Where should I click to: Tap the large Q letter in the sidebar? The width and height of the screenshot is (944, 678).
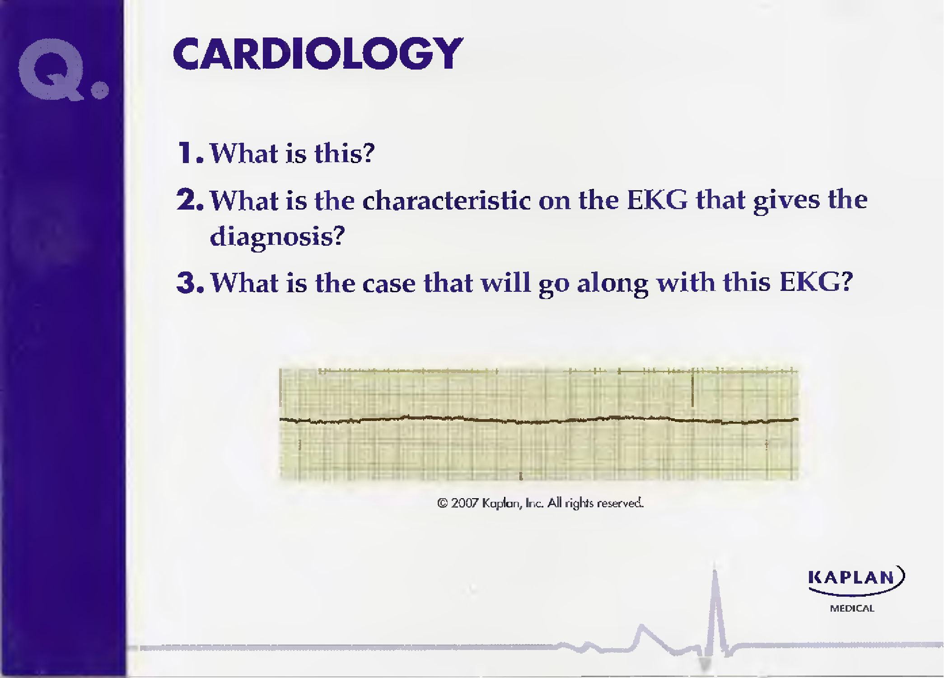(x=51, y=69)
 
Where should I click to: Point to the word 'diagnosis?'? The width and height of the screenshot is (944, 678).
(x=277, y=236)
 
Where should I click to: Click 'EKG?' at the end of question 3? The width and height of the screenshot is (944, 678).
(x=816, y=282)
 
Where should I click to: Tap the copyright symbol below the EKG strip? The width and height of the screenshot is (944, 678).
(x=442, y=503)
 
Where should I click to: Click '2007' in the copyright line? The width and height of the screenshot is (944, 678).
(x=464, y=503)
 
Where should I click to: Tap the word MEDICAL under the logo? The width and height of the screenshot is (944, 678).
(x=852, y=608)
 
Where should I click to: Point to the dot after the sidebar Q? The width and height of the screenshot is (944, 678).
(x=100, y=89)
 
